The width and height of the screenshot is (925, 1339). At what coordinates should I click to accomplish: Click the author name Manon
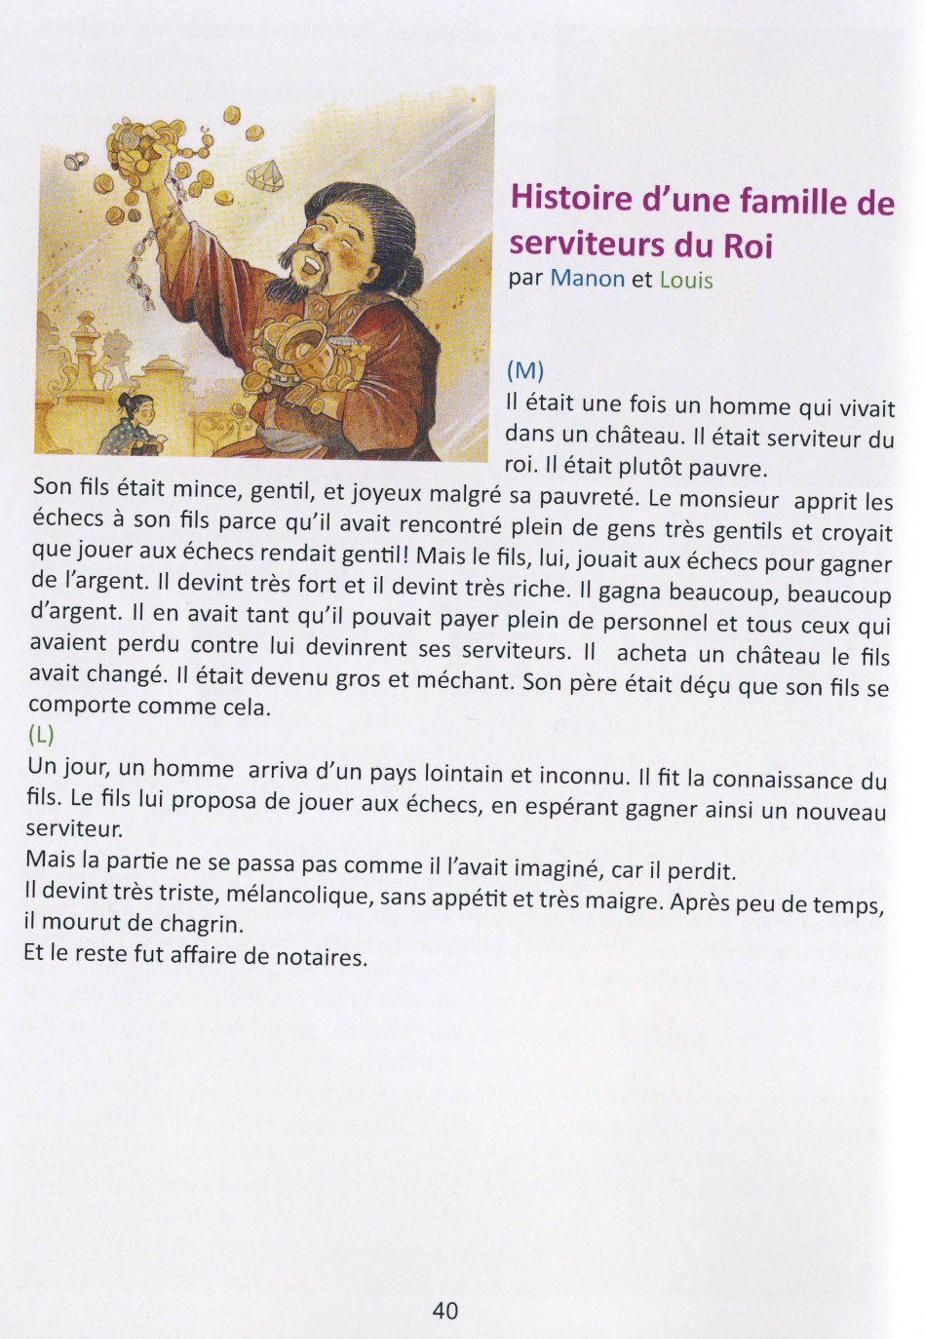click(587, 279)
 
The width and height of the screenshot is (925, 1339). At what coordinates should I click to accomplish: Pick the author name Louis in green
click(686, 281)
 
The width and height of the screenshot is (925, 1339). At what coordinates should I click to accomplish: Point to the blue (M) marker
click(524, 371)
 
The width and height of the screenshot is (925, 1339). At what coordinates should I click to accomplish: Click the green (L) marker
click(41, 733)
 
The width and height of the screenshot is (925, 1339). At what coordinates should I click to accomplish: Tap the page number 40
click(444, 1311)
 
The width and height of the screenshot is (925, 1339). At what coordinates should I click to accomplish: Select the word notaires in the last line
click(318, 956)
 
